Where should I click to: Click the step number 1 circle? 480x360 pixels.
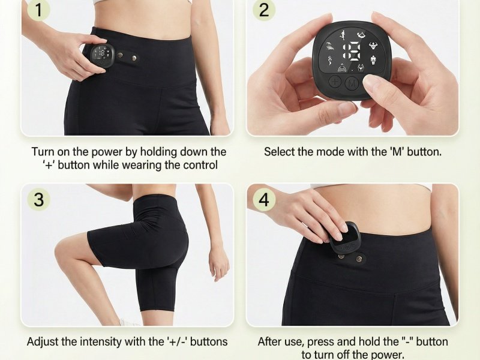click(x=38, y=10)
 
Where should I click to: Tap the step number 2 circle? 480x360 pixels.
click(x=264, y=10)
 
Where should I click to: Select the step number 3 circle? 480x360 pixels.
click(x=38, y=199)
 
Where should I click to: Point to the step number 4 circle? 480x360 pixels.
click(x=264, y=199)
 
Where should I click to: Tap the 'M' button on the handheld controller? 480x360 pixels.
click(x=352, y=83)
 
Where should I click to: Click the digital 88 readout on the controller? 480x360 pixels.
click(x=352, y=51)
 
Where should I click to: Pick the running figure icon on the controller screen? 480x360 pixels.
click(x=343, y=35)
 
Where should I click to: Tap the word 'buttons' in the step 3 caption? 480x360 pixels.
click(x=208, y=341)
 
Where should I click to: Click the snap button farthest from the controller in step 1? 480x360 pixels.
click(x=134, y=58)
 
